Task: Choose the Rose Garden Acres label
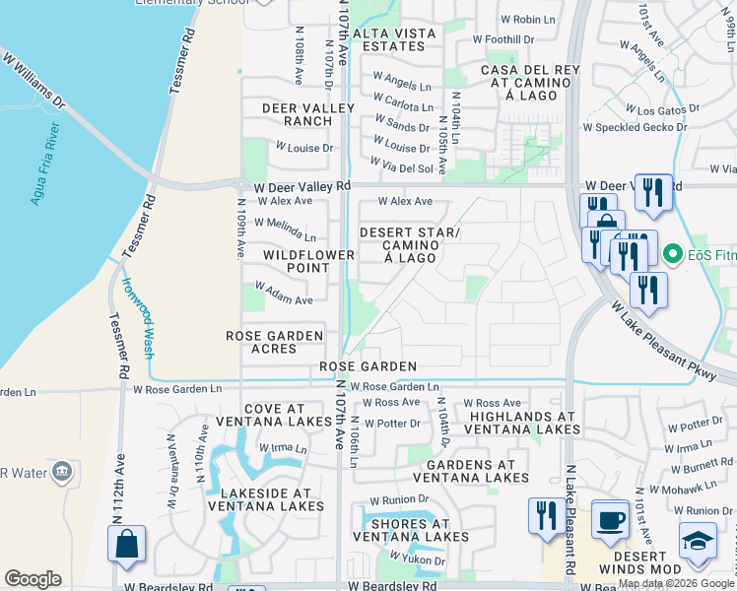coord(275,343)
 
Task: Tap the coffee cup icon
coord(610,519)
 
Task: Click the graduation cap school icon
coord(698,542)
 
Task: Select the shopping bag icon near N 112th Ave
coord(126,545)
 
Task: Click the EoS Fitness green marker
coord(674,254)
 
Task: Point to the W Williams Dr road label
coord(33,83)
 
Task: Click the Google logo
coord(33,579)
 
